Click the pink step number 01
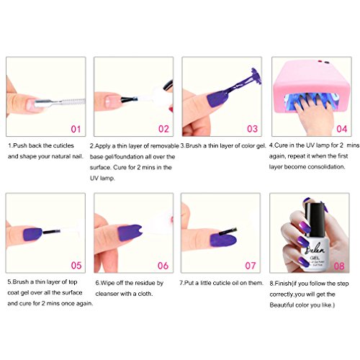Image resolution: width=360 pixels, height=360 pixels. (x=76, y=129)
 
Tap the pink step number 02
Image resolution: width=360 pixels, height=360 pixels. (x=163, y=129)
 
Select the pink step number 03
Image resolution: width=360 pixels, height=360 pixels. (x=252, y=129)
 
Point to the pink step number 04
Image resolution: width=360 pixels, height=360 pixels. (x=342, y=129)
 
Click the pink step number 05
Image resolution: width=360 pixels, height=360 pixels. (x=76, y=265)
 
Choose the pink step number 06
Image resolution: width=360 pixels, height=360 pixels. (x=163, y=266)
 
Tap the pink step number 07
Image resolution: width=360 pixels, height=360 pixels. (x=251, y=266)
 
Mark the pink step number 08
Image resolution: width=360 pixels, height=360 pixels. (x=339, y=266)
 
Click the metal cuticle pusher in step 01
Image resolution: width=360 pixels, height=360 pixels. (x=60, y=102)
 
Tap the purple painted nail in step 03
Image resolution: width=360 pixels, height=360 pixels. (x=217, y=99)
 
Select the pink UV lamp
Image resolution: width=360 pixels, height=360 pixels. (x=311, y=86)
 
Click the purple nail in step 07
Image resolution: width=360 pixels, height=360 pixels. (x=223, y=240)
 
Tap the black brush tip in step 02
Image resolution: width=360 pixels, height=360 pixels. (x=129, y=99)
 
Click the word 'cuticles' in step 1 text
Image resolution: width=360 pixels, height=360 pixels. (x=63, y=145)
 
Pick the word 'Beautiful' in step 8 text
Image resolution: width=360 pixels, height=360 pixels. (x=282, y=305)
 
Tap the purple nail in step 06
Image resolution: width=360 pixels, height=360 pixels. (x=130, y=233)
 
